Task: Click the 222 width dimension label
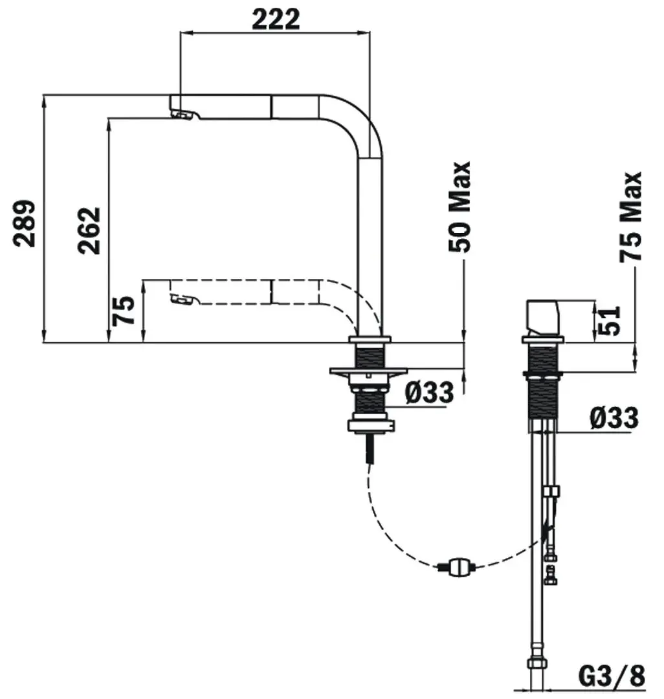click(x=276, y=19)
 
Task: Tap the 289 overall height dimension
click(x=24, y=223)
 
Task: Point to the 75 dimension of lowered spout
click(x=123, y=311)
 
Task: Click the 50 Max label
click(x=459, y=207)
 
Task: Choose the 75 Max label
click(x=630, y=217)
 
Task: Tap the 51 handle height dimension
click(x=609, y=320)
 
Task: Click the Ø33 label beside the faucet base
click(x=429, y=392)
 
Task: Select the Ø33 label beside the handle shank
click(x=614, y=418)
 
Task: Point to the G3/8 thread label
click(x=612, y=676)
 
